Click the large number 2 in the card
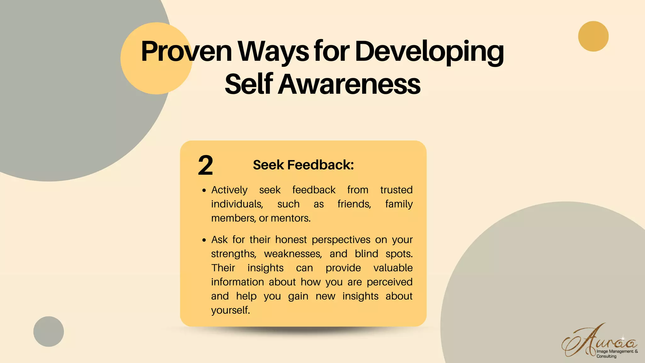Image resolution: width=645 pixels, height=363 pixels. click(x=205, y=165)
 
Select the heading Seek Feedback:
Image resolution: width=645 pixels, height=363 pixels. click(x=303, y=165)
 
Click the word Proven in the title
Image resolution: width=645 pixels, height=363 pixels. click(x=186, y=51)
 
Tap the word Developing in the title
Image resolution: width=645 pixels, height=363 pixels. click(x=429, y=51)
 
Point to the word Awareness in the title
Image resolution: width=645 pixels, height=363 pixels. click(x=349, y=84)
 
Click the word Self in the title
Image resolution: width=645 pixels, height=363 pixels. click(x=248, y=84)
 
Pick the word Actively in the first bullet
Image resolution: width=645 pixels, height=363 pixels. click(x=229, y=190)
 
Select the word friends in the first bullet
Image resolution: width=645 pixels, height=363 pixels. click(x=354, y=204)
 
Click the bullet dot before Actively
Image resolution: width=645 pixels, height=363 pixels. click(x=204, y=191)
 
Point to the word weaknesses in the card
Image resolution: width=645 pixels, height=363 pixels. click(x=293, y=254)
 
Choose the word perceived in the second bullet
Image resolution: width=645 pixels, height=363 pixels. click(x=390, y=282)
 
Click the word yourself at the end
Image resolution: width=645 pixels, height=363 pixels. click(x=230, y=310)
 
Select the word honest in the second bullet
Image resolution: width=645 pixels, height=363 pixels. click(x=291, y=240)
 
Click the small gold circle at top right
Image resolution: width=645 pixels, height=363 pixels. click(x=593, y=36)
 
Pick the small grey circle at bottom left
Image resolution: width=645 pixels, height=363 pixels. click(x=49, y=331)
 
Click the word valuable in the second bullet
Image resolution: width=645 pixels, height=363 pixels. click(x=393, y=268)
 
